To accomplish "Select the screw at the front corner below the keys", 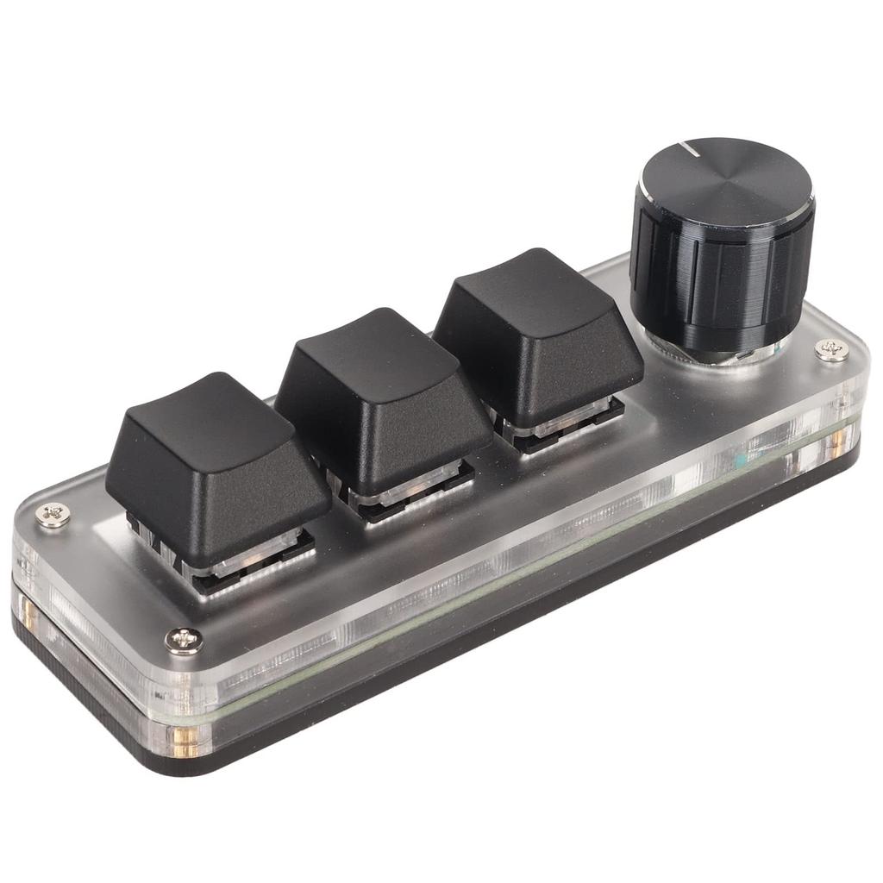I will pos(184,640).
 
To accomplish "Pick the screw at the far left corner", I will pos(53,517).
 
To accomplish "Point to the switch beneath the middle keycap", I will pos(414,492).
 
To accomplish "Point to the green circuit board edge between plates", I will pos(517,560).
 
